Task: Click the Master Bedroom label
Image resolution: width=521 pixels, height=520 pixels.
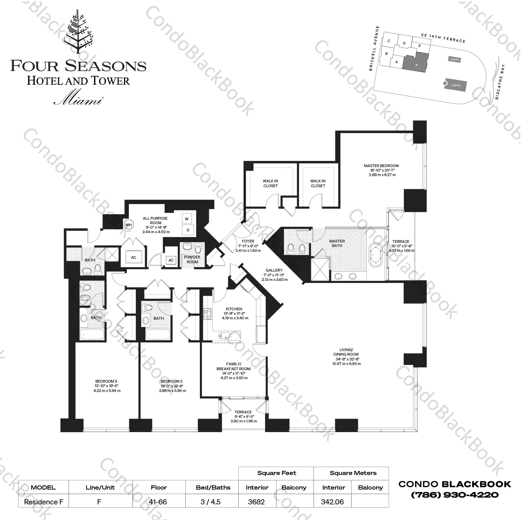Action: coord(381,166)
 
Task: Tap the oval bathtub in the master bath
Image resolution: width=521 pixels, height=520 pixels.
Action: coord(376,255)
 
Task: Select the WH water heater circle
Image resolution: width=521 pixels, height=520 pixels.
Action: coord(129,225)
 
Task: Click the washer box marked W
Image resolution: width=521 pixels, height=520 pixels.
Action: coord(187,219)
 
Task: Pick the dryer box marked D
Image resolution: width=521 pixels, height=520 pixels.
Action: coord(188,230)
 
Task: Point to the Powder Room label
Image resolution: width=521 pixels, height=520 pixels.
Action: coord(192,259)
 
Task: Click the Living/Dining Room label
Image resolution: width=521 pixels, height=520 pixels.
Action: coord(346,352)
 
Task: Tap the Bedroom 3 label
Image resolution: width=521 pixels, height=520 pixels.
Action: coord(106,381)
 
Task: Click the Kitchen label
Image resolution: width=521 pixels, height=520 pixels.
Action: coord(234,309)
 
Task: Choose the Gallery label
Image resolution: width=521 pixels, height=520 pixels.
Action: coord(274,270)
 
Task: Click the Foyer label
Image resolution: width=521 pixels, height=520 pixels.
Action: coord(248,241)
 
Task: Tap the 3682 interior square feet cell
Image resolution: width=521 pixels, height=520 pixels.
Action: coord(256,502)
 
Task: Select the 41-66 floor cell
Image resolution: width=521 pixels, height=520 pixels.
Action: coord(159,502)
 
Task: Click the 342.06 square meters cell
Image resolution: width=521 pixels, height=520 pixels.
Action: coord(332,502)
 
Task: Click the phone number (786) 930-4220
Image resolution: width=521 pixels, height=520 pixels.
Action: coord(455,495)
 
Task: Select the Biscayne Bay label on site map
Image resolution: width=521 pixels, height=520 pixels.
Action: coord(500,82)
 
